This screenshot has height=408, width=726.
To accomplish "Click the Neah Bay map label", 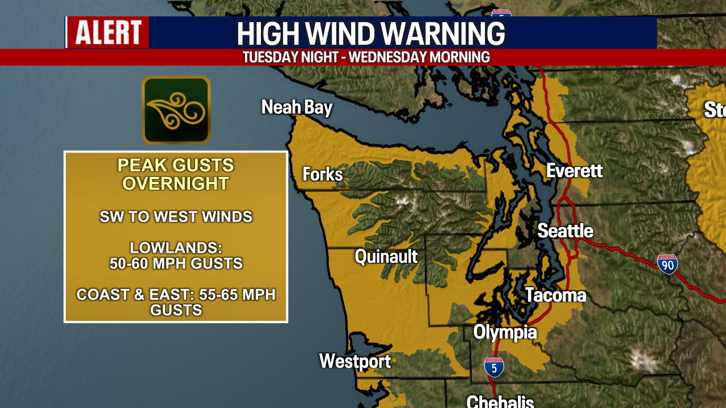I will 297,107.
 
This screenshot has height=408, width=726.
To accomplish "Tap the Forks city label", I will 323,174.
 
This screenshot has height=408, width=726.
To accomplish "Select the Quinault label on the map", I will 386,256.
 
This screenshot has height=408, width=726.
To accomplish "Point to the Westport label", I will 355,361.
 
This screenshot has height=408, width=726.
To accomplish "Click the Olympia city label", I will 505,332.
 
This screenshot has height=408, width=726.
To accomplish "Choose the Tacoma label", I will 555,295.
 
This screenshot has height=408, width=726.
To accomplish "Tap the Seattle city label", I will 565,231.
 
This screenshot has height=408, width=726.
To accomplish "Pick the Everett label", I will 574,171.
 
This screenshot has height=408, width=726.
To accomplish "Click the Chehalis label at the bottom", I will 500,401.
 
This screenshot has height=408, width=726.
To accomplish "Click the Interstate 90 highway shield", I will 668,264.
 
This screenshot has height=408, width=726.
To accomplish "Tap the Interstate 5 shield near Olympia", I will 494,367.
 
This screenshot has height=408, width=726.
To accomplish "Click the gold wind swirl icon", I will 176,110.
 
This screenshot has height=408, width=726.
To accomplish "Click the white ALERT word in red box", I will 108,32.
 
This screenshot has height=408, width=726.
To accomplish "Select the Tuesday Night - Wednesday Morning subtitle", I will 366,57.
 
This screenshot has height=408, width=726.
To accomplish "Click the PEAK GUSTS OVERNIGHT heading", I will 176,174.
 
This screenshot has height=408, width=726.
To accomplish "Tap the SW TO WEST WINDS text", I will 176,216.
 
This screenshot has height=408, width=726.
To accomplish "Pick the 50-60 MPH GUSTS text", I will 176,263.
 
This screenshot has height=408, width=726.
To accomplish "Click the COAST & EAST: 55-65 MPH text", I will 176,295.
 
